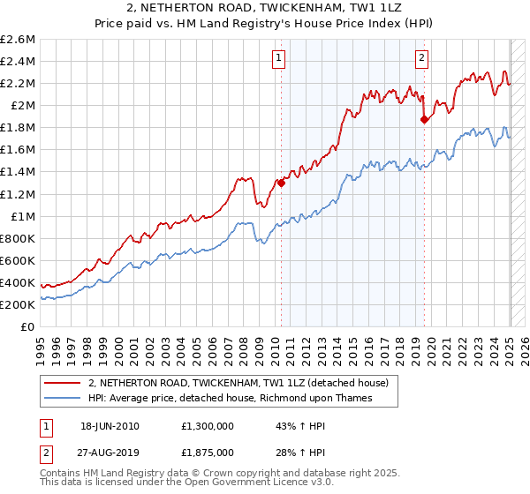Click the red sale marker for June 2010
(x=282, y=183)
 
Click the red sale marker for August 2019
(x=425, y=119)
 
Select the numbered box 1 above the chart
(x=278, y=59)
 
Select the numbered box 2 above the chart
(x=421, y=59)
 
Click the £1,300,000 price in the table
(x=209, y=425)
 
